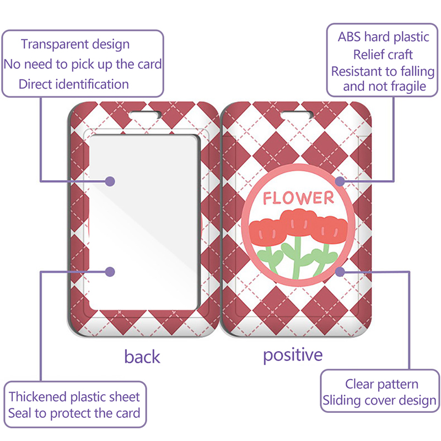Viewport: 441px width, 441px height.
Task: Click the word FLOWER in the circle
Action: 298,197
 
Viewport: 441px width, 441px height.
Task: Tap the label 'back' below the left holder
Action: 142,357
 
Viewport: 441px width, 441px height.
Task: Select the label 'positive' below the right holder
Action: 293,355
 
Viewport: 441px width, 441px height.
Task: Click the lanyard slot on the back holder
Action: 145,115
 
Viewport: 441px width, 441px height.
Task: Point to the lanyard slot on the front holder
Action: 297,115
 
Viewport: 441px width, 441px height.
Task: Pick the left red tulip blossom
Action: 265,232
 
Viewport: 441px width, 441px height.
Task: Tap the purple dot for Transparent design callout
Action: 110,181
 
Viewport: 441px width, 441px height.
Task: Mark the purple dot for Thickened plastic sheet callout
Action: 110,272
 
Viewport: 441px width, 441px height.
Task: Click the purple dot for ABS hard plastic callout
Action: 340,181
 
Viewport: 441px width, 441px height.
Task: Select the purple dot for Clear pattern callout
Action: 340,272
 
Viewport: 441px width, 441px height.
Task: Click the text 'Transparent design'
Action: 76,45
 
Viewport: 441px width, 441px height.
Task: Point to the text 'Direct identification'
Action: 74,84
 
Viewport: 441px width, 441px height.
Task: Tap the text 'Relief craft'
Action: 383,55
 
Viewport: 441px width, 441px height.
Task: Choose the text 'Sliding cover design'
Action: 379,401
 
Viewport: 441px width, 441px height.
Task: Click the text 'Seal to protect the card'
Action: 74,413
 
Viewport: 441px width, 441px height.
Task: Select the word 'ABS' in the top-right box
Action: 349,37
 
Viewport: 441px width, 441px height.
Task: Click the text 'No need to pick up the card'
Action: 83,64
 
